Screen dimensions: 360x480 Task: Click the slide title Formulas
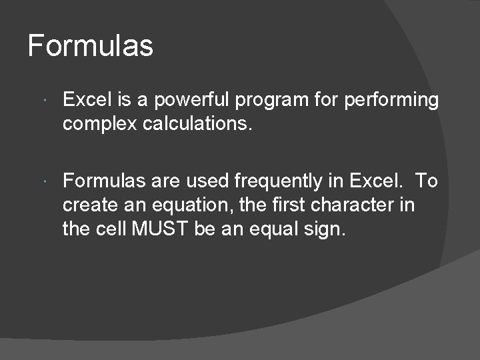point(91,46)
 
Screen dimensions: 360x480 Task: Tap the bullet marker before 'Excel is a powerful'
point(43,101)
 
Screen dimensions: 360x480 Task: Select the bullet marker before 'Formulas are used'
point(43,181)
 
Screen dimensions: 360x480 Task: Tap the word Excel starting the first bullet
point(84,101)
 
